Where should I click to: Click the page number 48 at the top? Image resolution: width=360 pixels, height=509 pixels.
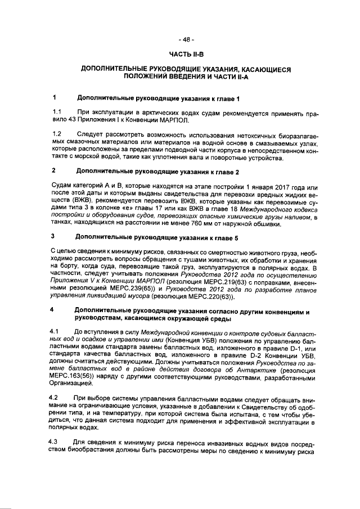pyautogui.click(x=185, y=39)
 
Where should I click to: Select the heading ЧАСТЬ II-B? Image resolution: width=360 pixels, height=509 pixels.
pyautogui.click(x=185, y=54)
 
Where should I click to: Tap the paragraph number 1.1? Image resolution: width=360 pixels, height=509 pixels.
pyautogui.click(x=56, y=111)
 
